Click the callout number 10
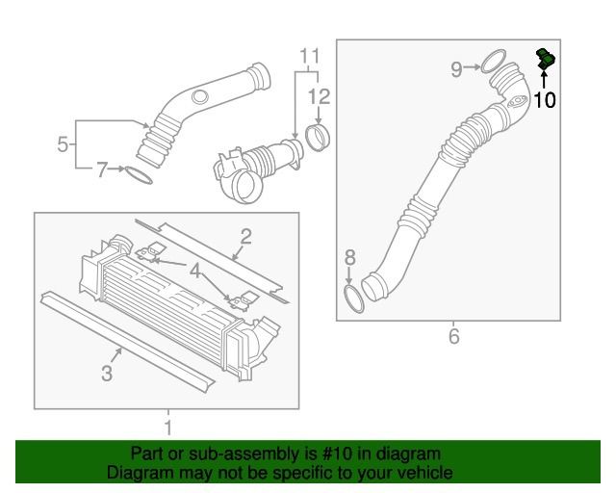[544, 99]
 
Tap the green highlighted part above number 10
[546, 60]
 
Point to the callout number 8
[350, 258]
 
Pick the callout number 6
[453, 336]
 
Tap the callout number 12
[319, 95]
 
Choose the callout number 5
[63, 145]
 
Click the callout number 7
[101, 171]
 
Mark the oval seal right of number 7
[139, 174]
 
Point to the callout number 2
[245, 236]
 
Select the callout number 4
[197, 272]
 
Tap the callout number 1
[168, 425]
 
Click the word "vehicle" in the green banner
[421, 473]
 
